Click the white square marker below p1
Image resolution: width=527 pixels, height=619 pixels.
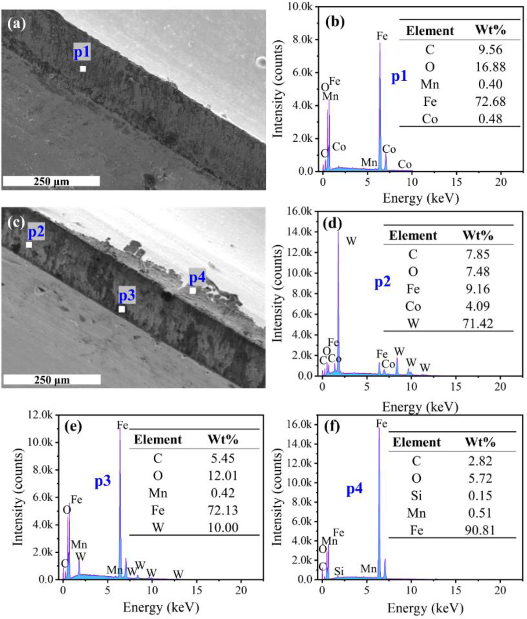point(83,69)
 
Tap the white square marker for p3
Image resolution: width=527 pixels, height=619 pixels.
point(122,309)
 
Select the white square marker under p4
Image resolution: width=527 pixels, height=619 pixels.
point(193,291)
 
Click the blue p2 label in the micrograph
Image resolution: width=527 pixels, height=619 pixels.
point(36,231)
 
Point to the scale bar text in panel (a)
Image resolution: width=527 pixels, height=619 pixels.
point(51,181)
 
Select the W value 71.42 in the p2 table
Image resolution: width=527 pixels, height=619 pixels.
point(478,324)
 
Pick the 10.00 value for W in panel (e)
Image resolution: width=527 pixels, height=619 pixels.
point(223,527)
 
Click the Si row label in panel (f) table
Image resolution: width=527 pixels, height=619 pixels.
point(416,496)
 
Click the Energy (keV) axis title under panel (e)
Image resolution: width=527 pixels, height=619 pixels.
point(161,608)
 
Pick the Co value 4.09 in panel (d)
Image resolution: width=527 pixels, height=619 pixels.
point(478,306)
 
